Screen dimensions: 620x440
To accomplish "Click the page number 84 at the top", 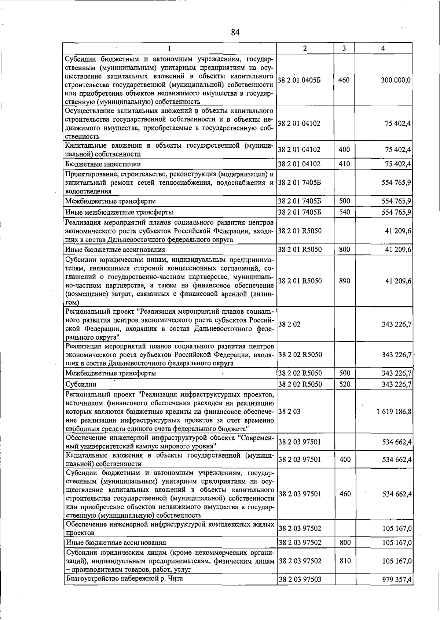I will [x=235, y=33].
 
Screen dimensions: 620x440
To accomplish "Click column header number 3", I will [x=344, y=48].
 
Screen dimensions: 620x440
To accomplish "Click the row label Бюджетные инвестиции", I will [x=103, y=164].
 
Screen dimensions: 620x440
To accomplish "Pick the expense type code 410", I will [x=344, y=164].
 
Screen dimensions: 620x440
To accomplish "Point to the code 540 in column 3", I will [x=344, y=212].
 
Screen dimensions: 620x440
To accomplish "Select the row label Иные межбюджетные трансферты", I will [x=119, y=212].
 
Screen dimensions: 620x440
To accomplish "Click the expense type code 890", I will [x=344, y=281].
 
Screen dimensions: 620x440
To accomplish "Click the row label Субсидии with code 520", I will [x=81, y=384].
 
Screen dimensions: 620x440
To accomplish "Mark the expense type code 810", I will [x=345, y=561].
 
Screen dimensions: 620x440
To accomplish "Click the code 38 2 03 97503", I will [x=300, y=580].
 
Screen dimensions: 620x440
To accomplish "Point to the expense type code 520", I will [x=344, y=384].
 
